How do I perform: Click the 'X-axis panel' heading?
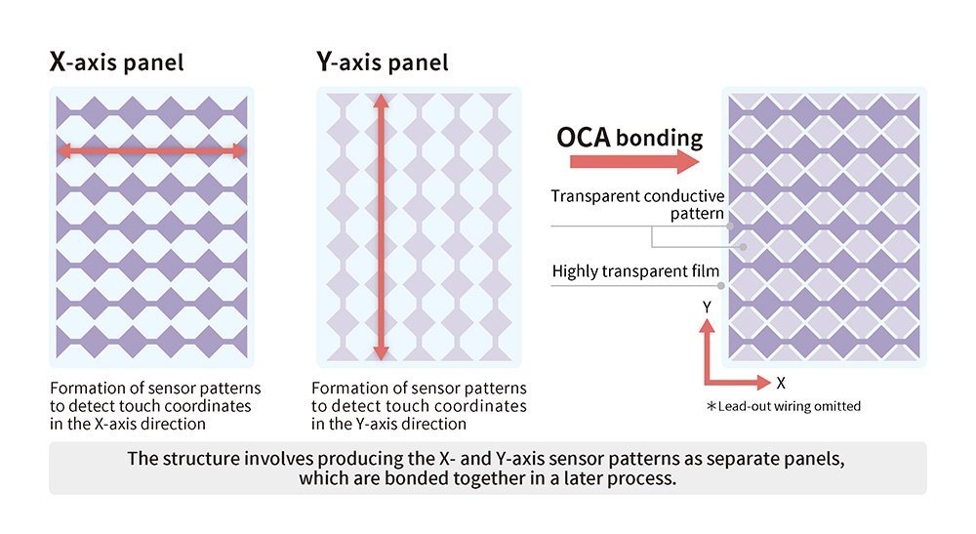coord(116,64)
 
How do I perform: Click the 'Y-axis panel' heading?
coord(383,64)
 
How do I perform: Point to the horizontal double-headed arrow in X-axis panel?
coord(151,150)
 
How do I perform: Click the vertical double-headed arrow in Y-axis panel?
coord(381,227)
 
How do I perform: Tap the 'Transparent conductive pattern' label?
coord(637,204)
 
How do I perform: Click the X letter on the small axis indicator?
coord(781,384)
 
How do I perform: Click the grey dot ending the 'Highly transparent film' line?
coord(721,286)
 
